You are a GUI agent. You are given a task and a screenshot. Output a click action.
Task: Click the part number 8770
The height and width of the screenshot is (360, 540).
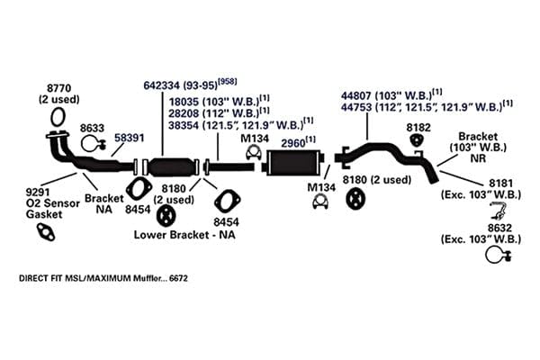tap(58, 88)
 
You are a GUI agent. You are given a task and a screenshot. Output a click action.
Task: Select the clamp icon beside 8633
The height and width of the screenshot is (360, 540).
tap(92, 144)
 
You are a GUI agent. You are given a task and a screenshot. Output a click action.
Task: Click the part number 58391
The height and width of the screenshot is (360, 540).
tap(129, 138)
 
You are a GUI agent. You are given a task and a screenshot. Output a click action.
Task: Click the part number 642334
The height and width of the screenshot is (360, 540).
tap(161, 85)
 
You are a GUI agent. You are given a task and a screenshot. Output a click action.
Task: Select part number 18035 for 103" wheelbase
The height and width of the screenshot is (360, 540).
tap(184, 102)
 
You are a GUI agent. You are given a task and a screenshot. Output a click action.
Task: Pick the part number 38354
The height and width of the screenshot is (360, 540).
tap(184, 125)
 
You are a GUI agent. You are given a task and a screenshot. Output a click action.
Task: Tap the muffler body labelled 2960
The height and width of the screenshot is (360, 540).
tap(293, 163)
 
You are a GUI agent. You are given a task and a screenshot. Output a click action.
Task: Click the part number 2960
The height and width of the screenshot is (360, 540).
tap(293, 143)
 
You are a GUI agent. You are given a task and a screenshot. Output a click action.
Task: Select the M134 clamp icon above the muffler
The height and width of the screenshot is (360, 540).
tap(254, 153)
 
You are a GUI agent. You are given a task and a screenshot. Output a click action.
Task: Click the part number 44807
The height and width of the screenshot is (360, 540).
tap(356, 95)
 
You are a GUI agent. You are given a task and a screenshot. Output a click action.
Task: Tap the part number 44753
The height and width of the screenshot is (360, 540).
tap(356, 107)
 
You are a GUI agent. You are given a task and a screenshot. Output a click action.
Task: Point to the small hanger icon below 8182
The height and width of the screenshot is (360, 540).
tap(418, 140)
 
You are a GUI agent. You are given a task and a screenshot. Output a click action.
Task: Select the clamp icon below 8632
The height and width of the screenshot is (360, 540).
tap(498, 256)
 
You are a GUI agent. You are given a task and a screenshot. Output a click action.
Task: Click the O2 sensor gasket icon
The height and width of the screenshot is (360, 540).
tap(46, 232)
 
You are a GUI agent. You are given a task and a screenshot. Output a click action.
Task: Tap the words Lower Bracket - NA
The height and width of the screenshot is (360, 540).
tap(184, 235)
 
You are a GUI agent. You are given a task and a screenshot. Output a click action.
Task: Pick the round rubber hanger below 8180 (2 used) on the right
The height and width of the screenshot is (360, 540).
tap(355, 199)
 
